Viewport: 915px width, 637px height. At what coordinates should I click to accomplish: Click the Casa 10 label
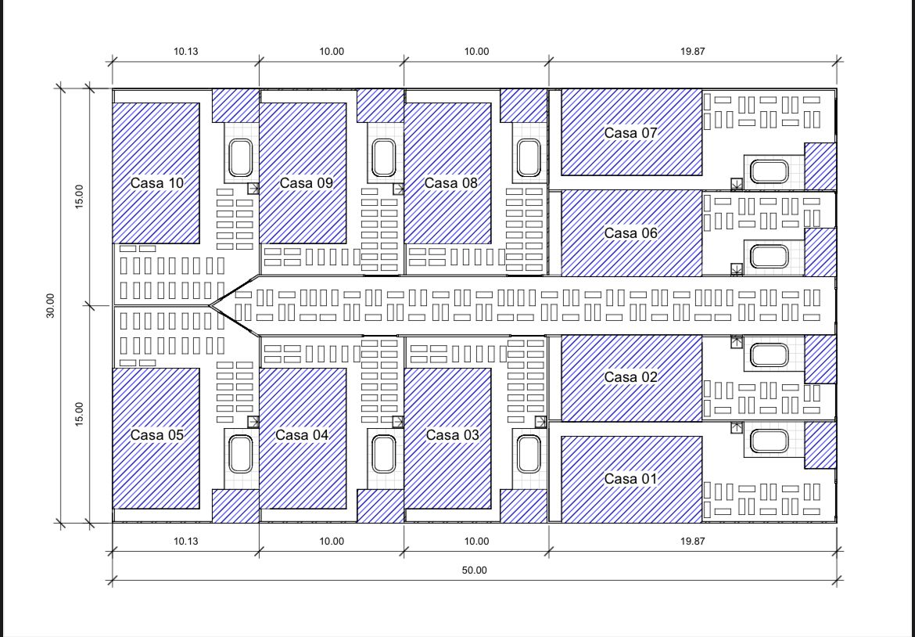157,183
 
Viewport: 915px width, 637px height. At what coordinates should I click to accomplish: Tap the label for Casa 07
631,132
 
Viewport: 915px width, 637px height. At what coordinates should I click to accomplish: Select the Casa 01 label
631,479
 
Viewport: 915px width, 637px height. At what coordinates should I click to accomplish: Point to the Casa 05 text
157,435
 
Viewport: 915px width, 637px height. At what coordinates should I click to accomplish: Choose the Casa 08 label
451,183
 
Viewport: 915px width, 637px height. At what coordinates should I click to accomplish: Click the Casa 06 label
631,233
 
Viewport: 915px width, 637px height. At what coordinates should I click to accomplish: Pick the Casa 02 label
631,377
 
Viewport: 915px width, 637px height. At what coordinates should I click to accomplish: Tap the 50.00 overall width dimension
474,570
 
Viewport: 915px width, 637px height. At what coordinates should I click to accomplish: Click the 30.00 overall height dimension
50,305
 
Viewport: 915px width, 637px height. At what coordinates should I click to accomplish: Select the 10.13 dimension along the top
185,52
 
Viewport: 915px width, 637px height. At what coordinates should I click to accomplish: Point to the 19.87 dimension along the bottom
693,542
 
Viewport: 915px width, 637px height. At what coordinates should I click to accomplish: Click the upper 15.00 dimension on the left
79,196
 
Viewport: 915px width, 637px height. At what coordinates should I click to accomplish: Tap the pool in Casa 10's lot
240,157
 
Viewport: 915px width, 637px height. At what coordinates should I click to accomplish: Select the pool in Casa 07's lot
769,172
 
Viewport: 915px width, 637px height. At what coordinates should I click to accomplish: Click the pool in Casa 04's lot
383,454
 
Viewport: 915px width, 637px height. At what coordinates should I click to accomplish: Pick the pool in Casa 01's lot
769,441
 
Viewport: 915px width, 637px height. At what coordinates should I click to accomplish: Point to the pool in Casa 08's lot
528,157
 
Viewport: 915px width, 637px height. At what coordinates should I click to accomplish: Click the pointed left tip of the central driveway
210,305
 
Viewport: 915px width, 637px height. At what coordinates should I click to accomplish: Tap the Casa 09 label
307,183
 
